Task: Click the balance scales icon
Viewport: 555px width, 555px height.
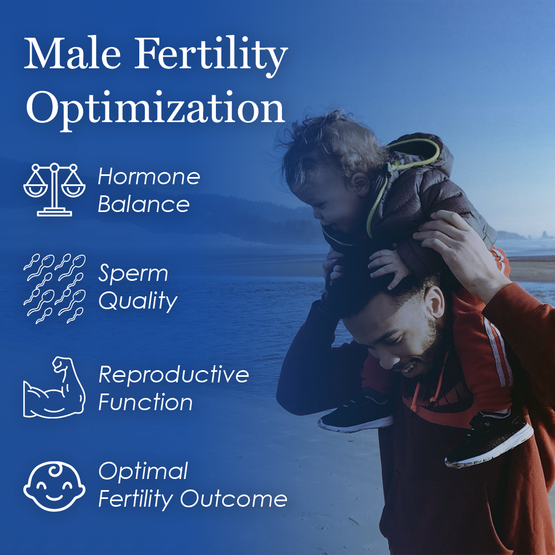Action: pos(54,190)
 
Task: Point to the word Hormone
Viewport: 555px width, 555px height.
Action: pos(149,176)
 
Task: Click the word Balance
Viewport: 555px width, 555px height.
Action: pos(144,204)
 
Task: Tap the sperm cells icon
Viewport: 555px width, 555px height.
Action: pos(54,289)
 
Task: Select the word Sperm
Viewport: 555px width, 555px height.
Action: pos(133,274)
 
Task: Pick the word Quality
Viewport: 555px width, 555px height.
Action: pos(138,301)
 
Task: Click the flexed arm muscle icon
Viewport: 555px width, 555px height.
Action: pos(54,387)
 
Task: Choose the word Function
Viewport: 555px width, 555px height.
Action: pos(145,402)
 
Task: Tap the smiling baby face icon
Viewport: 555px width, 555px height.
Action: pos(54,486)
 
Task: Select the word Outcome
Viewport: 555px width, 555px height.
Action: pos(234,499)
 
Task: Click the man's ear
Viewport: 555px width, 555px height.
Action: pos(434,301)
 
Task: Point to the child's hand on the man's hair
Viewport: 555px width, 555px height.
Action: pos(389,268)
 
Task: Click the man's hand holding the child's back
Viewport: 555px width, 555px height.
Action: pos(457,244)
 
